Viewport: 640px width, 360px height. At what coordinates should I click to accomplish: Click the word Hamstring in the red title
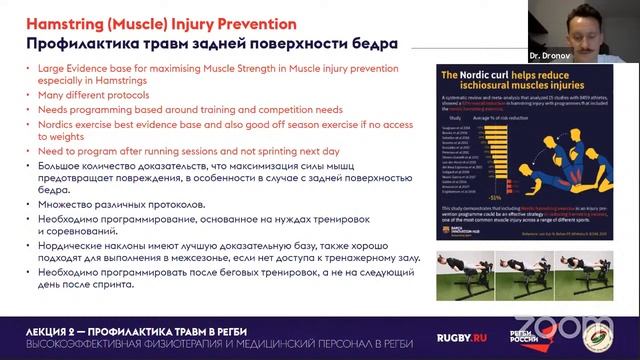point(58,18)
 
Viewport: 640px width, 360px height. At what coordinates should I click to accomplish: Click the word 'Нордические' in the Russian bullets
point(75,244)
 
